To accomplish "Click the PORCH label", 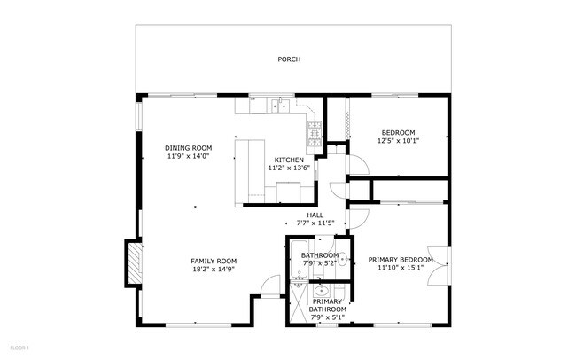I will [x=288, y=59].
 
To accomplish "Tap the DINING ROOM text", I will [x=188, y=147].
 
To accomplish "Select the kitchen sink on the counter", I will [x=280, y=107].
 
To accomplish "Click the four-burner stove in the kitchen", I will [x=314, y=133].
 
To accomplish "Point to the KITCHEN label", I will [x=288, y=160].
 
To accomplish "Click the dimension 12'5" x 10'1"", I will [x=398, y=140].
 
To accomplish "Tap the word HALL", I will [x=315, y=215].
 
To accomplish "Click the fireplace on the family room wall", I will [x=133, y=263].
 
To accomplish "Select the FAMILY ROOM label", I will [x=214, y=261].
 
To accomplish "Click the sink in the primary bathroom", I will [x=321, y=290].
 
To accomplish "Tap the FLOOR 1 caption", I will [x=19, y=347].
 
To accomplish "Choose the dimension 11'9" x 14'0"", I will [x=188, y=156].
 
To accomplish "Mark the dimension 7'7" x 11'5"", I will [x=315, y=223].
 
